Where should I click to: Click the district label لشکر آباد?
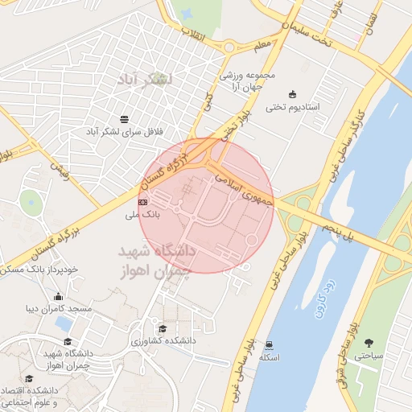tap(145, 80)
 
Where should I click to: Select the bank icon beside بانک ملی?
tap(142, 203)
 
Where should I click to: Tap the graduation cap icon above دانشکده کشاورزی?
tap(163, 328)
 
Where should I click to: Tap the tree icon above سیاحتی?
tap(369, 342)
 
